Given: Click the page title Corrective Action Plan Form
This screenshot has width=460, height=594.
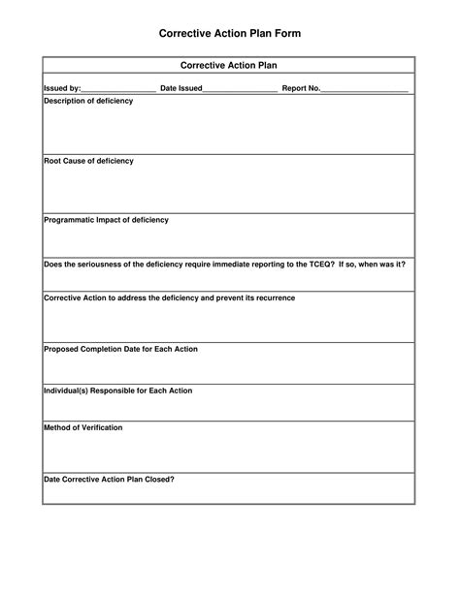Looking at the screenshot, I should pyautogui.click(x=230, y=33).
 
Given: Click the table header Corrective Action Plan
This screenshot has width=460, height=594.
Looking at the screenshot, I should pyautogui.click(x=229, y=66).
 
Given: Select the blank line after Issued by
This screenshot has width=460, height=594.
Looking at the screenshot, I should pyautogui.click(x=118, y=89).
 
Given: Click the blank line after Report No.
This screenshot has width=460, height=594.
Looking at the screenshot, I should pyautogui.click(x=365, y=89).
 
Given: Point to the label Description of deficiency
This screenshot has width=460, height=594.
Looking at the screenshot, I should pyautogui.click(x=88, y=101).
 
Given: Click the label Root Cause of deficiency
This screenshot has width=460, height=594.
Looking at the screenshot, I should pyautogui.click(x=88, y=161).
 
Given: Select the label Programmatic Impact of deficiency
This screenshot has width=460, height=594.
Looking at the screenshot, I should pyautogui.click(x=106, y=220).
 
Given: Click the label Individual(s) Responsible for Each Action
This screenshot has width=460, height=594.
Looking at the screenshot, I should pyautogui.click(x=117, y=391).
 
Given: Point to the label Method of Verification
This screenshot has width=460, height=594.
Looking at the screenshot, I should pyautogui.click(x=83, y=427).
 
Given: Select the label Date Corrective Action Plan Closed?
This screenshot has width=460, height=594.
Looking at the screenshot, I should pyautogui.click(x=109, y=479).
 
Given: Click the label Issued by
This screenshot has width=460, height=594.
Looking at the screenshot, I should pyautogui.click(x=62, y=88).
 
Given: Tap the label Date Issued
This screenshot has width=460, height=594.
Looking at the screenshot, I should pyautogui.click(x=181, y=88).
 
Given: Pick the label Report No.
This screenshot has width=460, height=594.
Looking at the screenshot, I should pyautogui.click(x=301, y=88).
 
